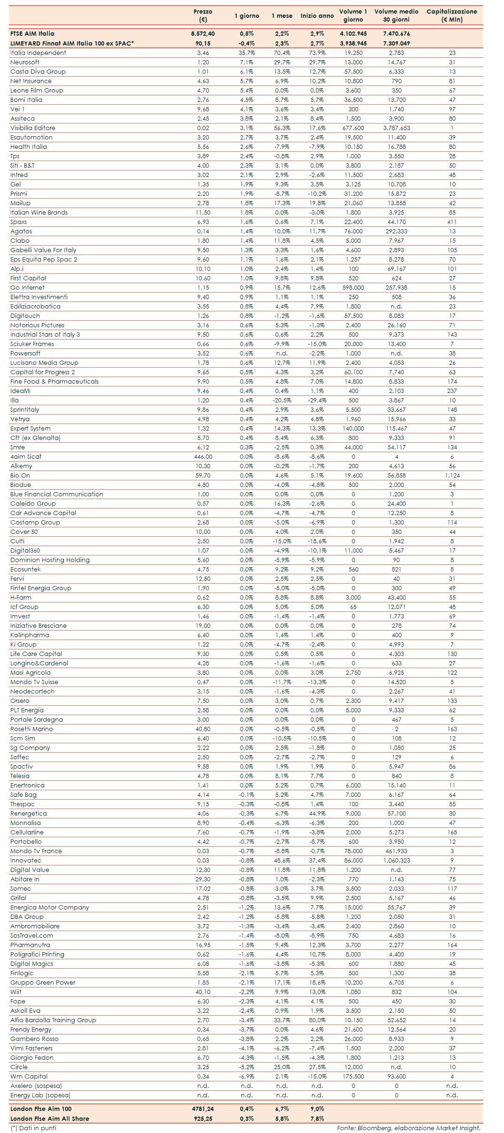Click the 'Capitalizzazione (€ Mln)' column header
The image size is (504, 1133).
[x=451, y=15]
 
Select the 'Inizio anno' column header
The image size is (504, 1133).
[x=317, y=15]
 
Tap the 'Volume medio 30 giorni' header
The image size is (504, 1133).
[x=396, y=15]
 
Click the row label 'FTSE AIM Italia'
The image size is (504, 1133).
[x=32, y=34]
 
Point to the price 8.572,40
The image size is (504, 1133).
[x=203, y=34]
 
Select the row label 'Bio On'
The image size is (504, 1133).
[x=20, y=476]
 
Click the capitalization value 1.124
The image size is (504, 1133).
[x=452, y=476]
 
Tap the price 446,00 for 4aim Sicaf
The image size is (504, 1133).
[x=203, y=457]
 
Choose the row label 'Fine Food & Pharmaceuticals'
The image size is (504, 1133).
[x=54, y=382]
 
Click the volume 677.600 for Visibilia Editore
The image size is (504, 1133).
[x=353, y=128]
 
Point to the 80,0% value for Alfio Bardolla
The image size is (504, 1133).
[x=317, y=1020]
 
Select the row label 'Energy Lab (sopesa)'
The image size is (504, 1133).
[x=40, y=1095]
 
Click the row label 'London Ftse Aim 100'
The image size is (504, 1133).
[x=41, y=1109]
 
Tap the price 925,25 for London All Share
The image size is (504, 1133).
[x=203, y=1118]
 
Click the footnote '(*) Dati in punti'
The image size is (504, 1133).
[x=33, y=1128]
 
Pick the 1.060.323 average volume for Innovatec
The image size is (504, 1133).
[x=396, y=861]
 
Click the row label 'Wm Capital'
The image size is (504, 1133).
[x=29, y=1077]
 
